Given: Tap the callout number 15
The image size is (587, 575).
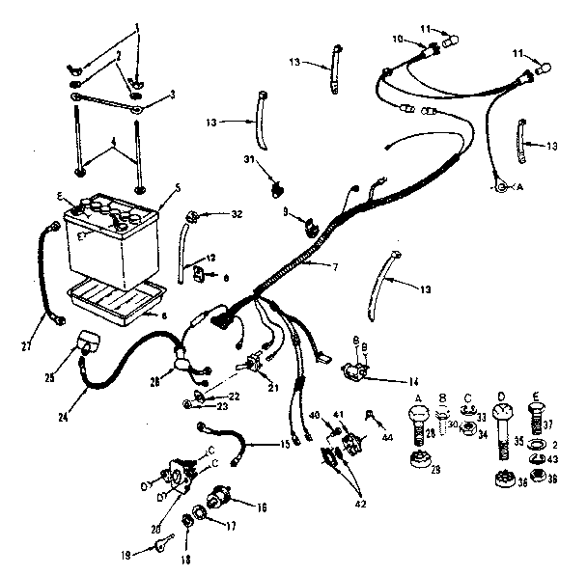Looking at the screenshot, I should (x=283, y=444).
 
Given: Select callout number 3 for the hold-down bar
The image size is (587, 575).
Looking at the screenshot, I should (x=173, y=94).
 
